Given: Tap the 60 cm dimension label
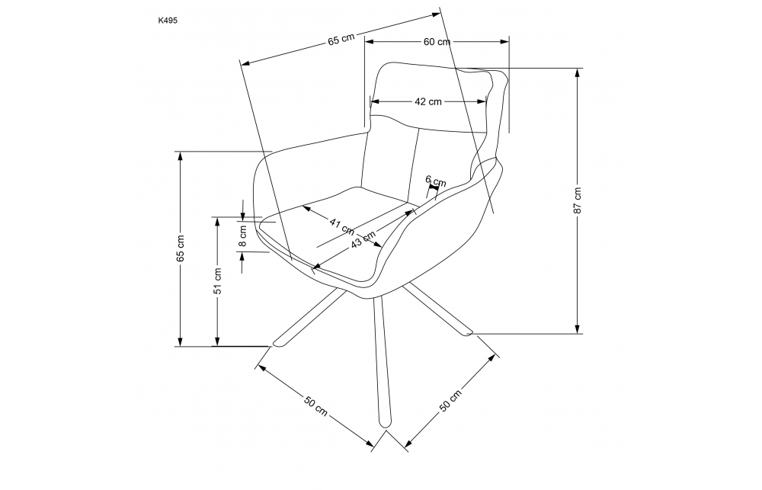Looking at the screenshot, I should click(437, 42).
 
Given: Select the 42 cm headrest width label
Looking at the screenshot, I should click(428, 101).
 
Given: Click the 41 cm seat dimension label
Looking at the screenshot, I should click(342, 224).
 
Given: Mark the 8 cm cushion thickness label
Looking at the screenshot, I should click(243, 235).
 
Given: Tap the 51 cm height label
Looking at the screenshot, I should click(218, 281).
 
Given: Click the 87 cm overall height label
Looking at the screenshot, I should click(578, 200).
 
